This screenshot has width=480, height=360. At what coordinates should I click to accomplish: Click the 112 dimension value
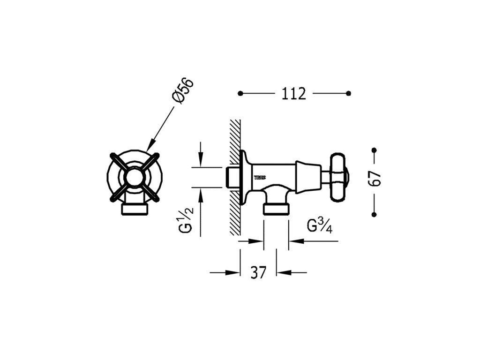tap(294, 94)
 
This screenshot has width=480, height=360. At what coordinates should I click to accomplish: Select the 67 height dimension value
tap(375, 179)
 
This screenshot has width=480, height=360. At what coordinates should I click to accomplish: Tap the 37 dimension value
tap(258, 272)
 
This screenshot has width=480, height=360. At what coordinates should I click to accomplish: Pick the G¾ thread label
tap(320, 225)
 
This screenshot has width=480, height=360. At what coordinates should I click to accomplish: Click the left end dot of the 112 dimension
tap(240, 94)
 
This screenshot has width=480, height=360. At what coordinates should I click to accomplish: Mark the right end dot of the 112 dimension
tap(348, 94)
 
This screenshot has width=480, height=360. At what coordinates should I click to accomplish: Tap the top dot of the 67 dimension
tap(374, 150)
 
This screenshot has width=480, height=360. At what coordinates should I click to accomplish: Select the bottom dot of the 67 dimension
tap(374, 214)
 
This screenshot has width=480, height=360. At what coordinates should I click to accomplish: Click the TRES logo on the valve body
tap(259, 178)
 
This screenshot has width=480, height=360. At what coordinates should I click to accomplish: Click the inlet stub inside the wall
tap(230, 177)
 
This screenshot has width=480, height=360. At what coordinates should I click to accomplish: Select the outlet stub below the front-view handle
tap(135, 208)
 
